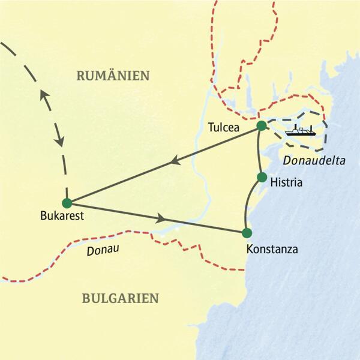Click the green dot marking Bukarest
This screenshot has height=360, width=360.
point(67,203)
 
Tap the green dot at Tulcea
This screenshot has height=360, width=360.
point(261,126)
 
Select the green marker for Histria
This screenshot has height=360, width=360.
point(262,177)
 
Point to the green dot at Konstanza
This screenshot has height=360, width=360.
point(246,233)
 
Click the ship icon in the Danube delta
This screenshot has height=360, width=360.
point(300,130)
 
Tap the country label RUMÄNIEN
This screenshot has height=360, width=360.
point(113,76)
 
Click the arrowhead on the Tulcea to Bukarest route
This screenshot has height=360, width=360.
point(175,160)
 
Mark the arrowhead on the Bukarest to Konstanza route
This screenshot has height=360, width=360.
point(162,218)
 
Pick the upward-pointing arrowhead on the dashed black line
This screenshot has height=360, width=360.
point(43,95)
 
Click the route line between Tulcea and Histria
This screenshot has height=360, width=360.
point(259,151)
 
